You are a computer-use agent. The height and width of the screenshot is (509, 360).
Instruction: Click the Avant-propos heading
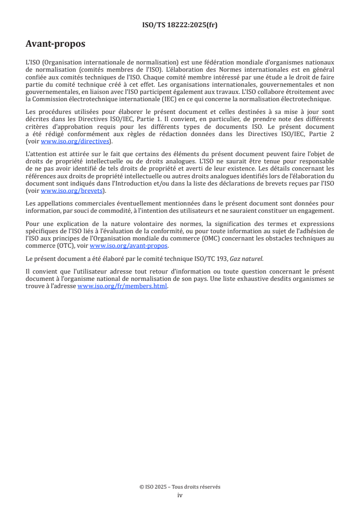click(55, 44)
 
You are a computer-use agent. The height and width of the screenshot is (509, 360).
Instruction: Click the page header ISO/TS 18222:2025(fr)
click(180, 25)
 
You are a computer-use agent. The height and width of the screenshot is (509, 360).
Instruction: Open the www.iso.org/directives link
click(75, 141)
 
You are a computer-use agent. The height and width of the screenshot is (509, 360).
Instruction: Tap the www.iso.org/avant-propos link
click(129, 246)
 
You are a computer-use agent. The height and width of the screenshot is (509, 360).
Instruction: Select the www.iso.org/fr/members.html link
click(123, 286)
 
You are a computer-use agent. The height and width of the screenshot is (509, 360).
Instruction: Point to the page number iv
click(180, 495)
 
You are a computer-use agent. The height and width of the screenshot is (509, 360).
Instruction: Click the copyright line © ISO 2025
click(180, 487)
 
